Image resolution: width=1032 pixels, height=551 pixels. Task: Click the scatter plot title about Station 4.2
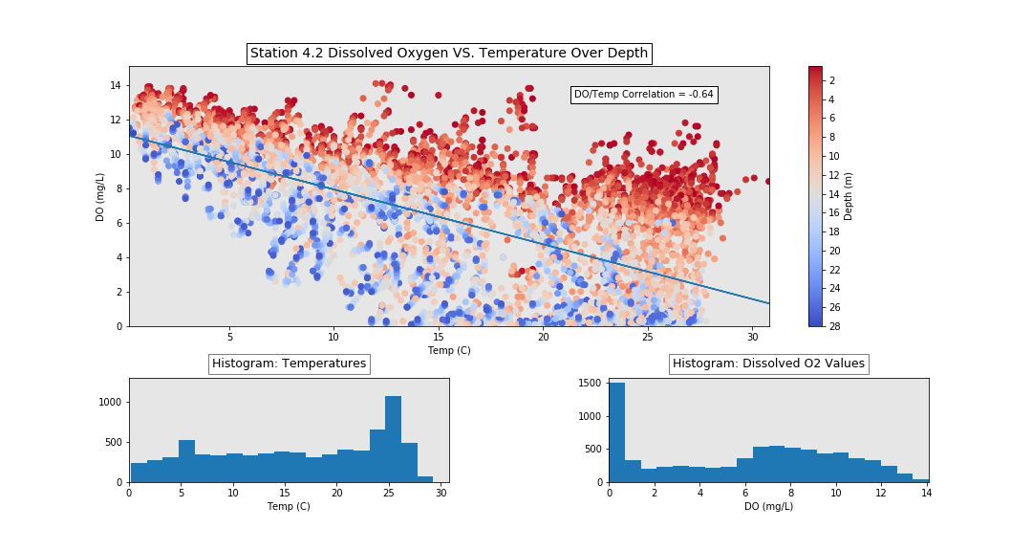[449, 54]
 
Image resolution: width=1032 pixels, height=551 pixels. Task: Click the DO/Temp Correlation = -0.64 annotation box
[644, 95]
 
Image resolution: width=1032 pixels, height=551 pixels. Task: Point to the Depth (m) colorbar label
[849, 196]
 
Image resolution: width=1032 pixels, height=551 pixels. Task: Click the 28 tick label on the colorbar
[833, 326]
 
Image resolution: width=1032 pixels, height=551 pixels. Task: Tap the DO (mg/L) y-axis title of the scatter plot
[100, 197]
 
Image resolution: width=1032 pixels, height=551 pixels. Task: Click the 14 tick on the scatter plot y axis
[114, 85]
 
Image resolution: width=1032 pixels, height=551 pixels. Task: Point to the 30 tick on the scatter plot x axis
[752, 337]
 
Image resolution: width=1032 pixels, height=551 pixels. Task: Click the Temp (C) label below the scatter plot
[449, 350]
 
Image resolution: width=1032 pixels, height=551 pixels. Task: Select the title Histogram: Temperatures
[289, 364]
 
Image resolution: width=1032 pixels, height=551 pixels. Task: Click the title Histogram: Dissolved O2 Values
[768, 364]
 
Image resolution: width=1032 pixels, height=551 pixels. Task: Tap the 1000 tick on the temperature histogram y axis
[108, 403]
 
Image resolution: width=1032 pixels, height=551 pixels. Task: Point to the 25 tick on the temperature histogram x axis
[389, 493]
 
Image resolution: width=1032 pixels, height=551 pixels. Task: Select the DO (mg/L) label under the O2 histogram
[768, 506]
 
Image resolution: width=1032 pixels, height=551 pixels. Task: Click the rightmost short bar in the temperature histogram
[425, 478]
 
